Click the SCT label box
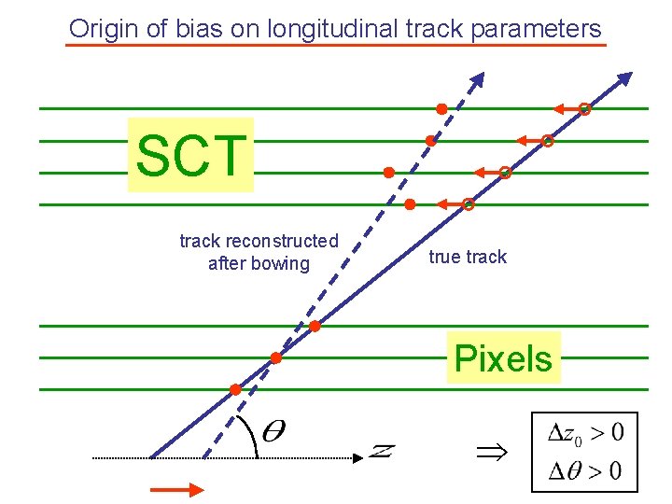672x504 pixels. point(190,155)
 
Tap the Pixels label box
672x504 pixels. point(504,357)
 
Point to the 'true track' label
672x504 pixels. point(468,257)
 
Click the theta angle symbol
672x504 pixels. point(274,431)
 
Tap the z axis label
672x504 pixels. point(381,452)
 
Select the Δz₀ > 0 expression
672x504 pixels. point(585,433)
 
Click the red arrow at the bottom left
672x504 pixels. point(176,489)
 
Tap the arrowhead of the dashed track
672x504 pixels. point(478,79)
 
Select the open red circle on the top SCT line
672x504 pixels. point(585,109)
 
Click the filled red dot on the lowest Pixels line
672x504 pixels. point(235,389)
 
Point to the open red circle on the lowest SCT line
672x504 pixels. point(469,204)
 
